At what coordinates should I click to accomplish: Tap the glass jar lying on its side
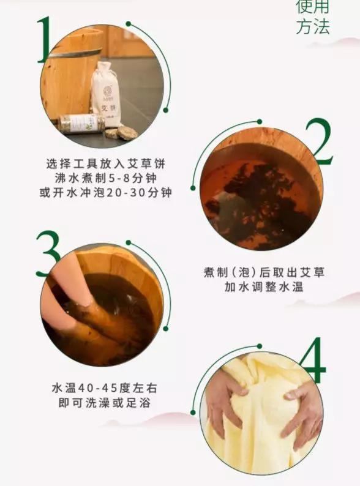80,124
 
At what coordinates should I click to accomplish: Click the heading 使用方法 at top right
313,17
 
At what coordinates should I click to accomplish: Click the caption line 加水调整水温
264,287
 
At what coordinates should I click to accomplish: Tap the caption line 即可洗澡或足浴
105,403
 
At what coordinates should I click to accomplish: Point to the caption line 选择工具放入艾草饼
105,164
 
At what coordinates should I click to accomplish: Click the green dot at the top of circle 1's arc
129,23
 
